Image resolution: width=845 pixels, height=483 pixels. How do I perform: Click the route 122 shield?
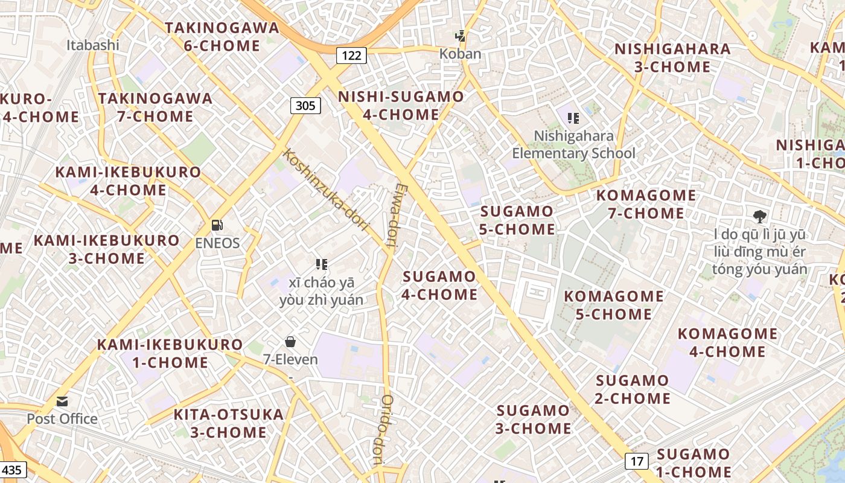(x=351, y=56)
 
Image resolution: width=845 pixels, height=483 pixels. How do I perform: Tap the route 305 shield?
(x=305, y=106)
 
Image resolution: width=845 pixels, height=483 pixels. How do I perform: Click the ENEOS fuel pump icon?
(x=217, y=226)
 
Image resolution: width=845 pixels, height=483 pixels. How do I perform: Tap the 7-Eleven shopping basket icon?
(x=290, y=342)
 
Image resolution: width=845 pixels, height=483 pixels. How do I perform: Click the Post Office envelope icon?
(x=62, y=401)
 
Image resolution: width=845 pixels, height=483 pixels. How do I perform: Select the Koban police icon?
(x=461, y=36)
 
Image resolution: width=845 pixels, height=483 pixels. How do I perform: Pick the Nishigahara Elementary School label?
(x=573, y=144)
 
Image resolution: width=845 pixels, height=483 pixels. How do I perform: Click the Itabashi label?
(x=93, y=45)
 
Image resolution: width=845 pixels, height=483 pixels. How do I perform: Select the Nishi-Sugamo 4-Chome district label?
(x=401, y=106)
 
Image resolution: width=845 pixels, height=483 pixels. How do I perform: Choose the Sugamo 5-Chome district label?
(x=517, y=220)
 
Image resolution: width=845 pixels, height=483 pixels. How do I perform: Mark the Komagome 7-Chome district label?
(x=646, y=204)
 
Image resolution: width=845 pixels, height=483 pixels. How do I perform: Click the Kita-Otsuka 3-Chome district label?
(x=228, y=423)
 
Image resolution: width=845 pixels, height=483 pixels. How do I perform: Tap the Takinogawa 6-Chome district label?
(x=222, y=36)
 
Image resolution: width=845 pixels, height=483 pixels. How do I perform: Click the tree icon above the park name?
(x=759, y=216)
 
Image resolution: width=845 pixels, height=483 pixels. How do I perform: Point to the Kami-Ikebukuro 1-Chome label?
(x=170, y=354)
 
